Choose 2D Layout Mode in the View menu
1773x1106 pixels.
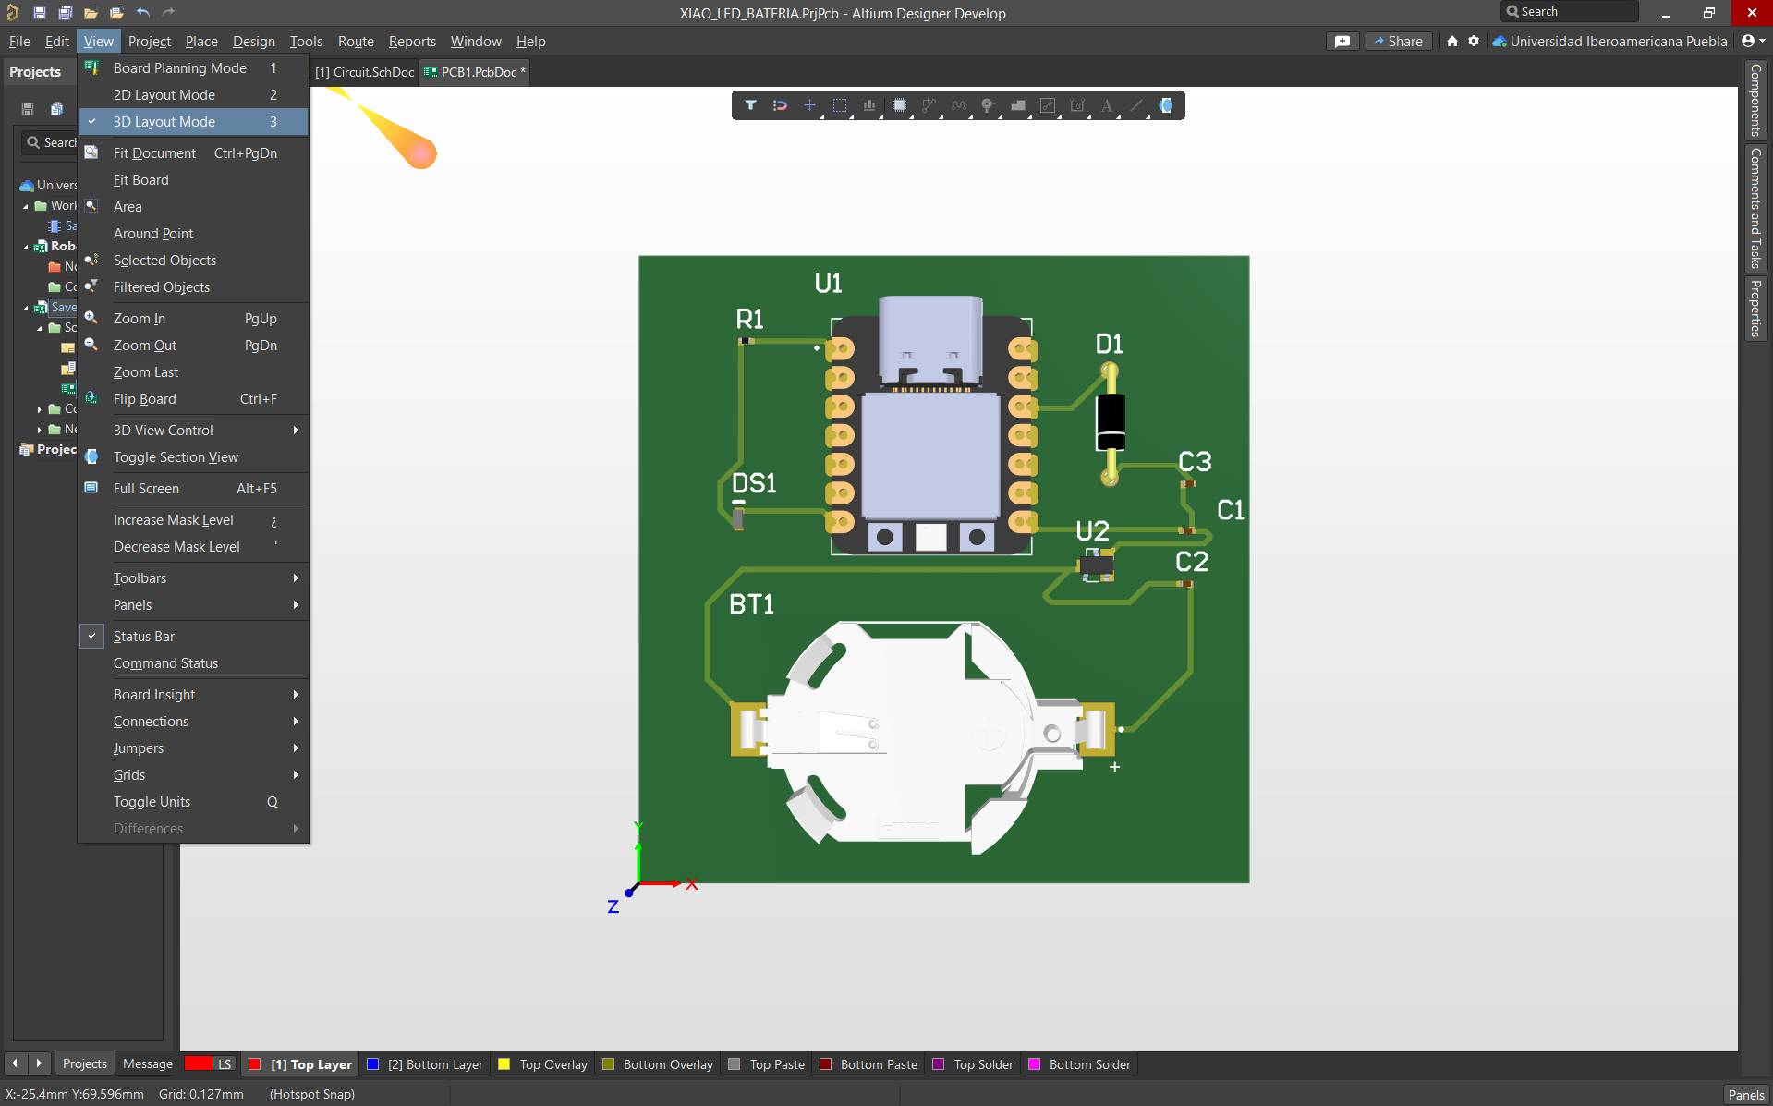(x=164, y=95)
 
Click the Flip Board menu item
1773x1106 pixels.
(x=144, y=399)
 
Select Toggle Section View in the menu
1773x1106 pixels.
(x=176, y=457)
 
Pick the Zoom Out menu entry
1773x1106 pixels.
(x=144, y=346)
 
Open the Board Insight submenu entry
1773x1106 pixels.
(x=154, y=695)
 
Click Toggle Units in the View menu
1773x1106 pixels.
(x=152, y=802)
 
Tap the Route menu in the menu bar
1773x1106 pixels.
(x=356, y=42)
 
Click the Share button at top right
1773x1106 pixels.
(x=1398, y=42)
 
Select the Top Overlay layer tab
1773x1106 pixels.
(x=553, y=1064)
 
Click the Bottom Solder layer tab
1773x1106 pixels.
(x=1089, y=1064)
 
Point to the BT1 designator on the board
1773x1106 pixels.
(x=751, y=604)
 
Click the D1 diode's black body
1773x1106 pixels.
(x=1110, y=421)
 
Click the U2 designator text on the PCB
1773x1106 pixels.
(x=1092, y=531)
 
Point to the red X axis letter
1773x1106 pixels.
(x=692, y=884)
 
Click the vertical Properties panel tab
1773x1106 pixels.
(x=1755, y=309)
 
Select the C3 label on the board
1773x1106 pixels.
(x=1195, y=461)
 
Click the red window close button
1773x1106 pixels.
(x=1751, y=13)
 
